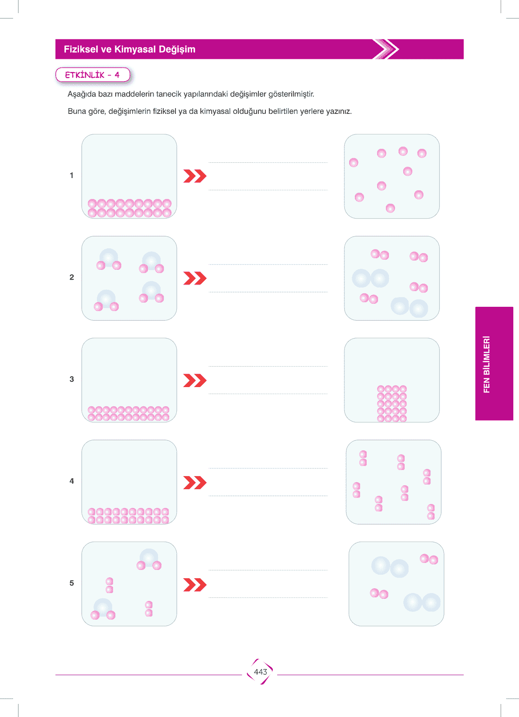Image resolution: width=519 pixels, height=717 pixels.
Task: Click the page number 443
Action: coord(260,672)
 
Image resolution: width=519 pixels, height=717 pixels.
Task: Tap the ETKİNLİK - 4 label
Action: coord(92,75)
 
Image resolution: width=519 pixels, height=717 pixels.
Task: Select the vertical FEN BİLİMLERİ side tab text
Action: coord(486,364)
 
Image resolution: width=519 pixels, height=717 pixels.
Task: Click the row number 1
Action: coord(72,175)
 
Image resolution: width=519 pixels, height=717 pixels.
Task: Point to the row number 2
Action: coord(72,277)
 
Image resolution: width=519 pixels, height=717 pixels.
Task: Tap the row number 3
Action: coord(72,379)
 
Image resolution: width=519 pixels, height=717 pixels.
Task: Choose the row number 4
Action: coord(72,481)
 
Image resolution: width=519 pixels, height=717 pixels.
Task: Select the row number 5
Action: coord(72,583)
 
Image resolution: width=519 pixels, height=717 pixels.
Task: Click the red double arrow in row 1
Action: coord(195,176)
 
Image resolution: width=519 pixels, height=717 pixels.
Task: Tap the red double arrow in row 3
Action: coord(195,380)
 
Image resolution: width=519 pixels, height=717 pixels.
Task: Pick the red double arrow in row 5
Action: coord(195,584)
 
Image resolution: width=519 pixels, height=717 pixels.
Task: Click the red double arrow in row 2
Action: coord(195,278)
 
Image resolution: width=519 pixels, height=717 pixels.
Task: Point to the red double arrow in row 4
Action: coord(195,482)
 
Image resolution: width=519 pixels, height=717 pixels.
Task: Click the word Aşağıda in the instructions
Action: coord(79,94)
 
